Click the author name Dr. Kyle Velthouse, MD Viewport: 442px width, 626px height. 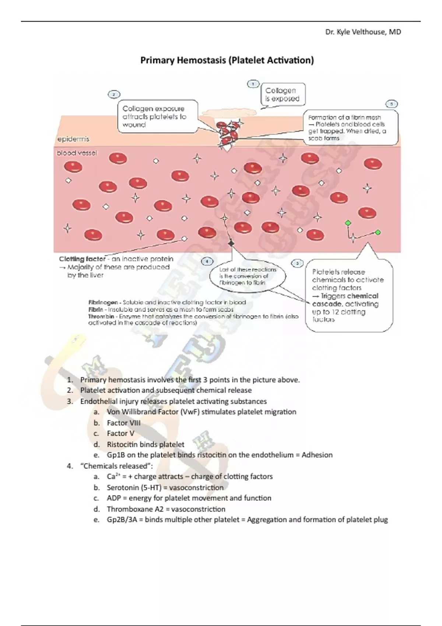[363, 32]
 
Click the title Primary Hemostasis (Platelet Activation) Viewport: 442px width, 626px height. [227, 60]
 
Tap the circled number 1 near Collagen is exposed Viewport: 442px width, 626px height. [253, 84]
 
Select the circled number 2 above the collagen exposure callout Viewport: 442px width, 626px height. [114, 94]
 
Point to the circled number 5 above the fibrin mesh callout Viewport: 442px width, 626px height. [391, 104]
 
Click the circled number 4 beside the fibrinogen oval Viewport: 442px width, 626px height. [207, 261]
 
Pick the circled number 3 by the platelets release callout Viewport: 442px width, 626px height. [297, 263]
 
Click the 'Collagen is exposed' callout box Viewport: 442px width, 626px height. [283, 95]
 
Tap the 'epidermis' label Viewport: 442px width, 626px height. [73, 139]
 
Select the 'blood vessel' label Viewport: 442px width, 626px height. [77, 153]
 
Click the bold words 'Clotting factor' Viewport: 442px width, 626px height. [82, 259]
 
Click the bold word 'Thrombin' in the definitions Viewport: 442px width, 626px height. [101, 316]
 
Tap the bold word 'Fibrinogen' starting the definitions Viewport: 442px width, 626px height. [103, 302]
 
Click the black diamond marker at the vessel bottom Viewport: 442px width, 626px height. [231, 243]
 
